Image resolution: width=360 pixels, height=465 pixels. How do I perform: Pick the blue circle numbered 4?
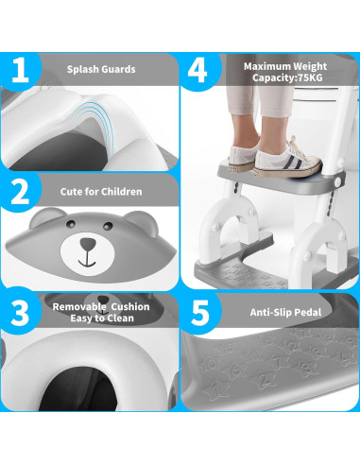click(x=197, y=68)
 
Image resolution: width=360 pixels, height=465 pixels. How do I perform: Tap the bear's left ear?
click(x=44, y=219)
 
